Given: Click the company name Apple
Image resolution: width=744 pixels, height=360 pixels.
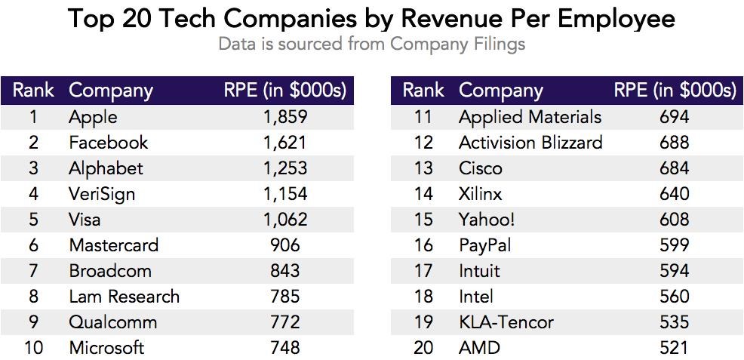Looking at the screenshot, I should coord(93,117).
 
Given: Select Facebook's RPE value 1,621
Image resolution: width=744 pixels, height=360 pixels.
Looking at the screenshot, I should coord(284,143).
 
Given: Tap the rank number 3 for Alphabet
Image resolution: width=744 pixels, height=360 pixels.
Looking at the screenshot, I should coord(33,168).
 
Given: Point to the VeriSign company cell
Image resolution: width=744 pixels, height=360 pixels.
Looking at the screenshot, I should coord(102,194).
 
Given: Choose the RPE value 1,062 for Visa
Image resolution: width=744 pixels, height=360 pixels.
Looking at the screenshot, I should coord(284,220).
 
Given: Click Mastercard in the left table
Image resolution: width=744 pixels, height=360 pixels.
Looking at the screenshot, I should coord(113,245).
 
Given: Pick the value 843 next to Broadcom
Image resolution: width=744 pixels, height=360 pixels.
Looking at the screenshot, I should coord(284,271).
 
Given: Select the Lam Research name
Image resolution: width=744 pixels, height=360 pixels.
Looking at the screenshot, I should coord(124,297).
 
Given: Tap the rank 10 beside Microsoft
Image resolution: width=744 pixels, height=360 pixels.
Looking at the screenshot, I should coord(33,348).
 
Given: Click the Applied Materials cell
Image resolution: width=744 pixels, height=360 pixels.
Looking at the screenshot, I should coord(530,117).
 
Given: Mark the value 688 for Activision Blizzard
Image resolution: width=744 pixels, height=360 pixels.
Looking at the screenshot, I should coord(674,143).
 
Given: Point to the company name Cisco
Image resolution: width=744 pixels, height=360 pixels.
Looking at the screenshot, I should coord(480,168).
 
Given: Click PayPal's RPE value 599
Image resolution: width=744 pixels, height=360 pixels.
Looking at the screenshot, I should coord(674,245).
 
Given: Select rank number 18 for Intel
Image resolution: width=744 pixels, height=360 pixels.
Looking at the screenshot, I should coord(423,297).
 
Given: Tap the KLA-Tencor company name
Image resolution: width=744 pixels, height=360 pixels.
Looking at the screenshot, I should coord(506,322).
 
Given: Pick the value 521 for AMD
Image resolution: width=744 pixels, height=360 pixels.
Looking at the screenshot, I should coord(674,348).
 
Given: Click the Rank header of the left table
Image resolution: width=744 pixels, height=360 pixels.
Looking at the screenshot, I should coord(33,91).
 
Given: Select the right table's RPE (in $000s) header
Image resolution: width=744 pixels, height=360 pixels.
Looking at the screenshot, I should coord(675,91).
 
